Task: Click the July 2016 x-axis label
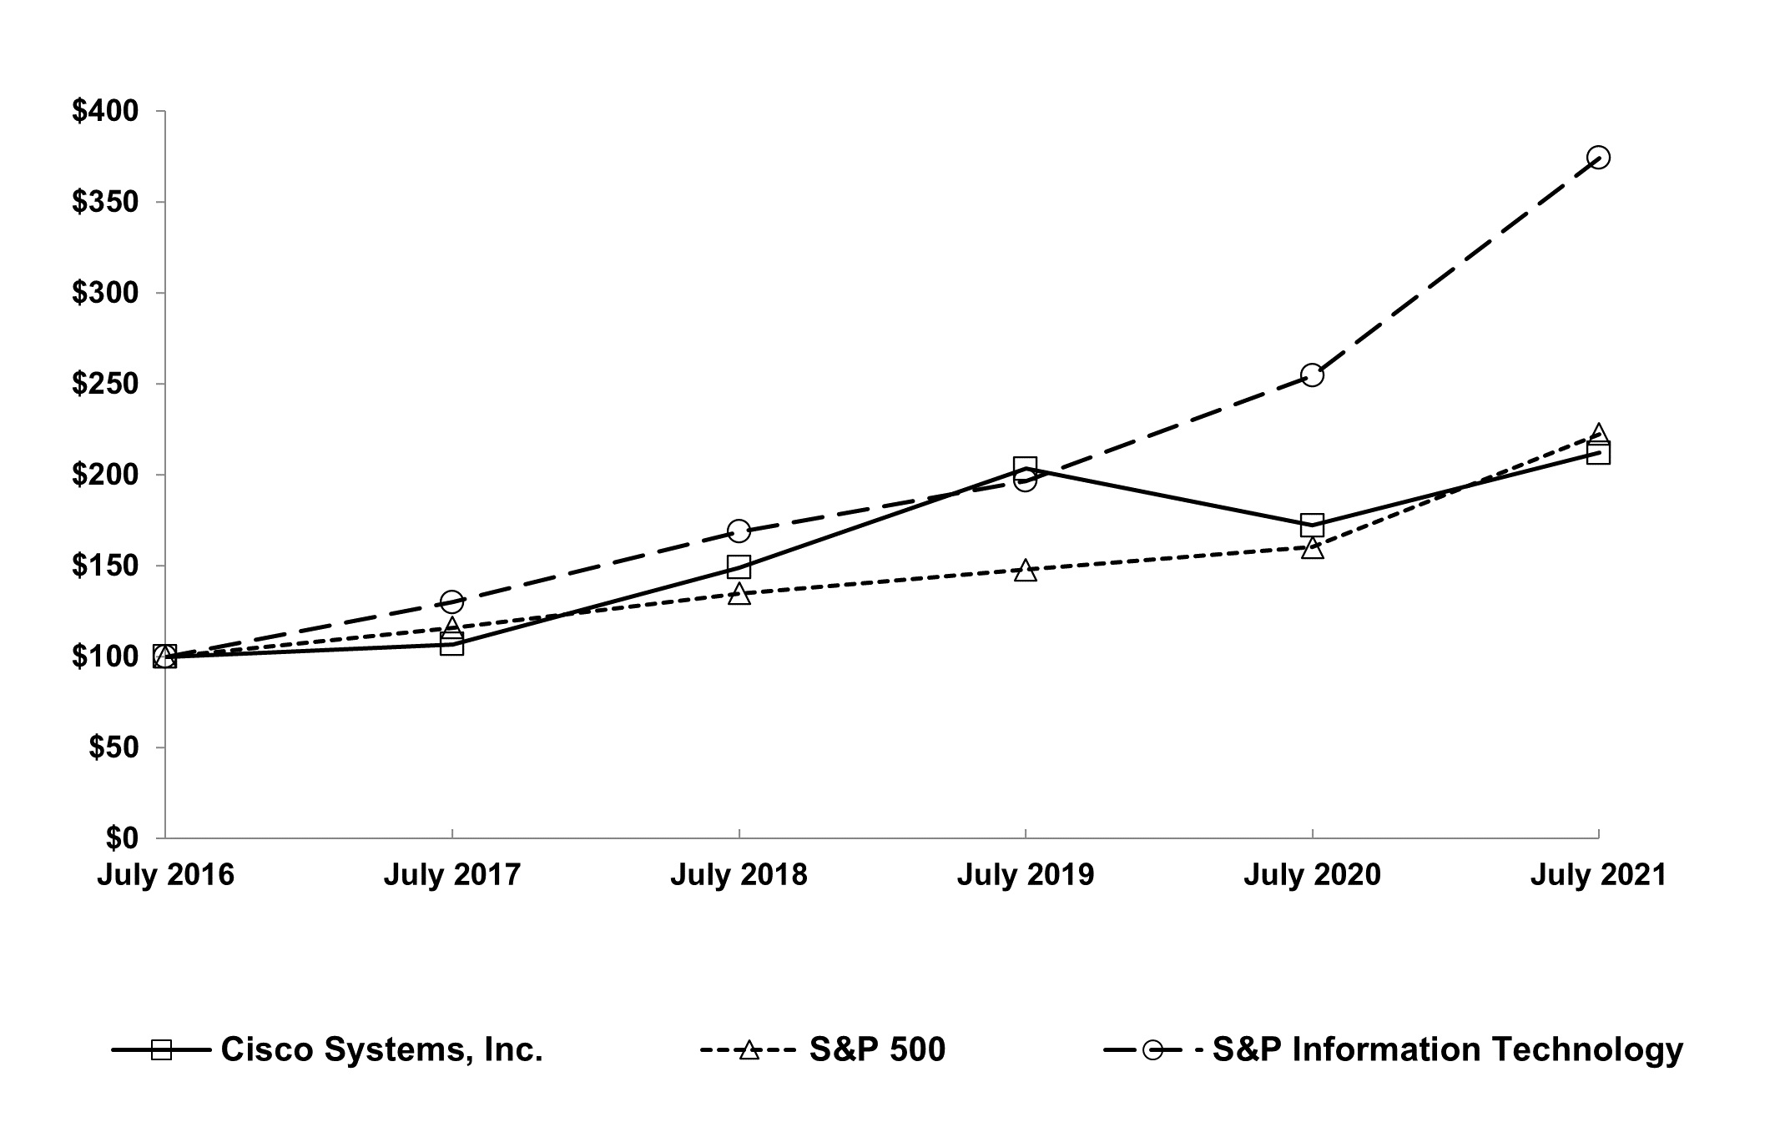[x=165, y=875]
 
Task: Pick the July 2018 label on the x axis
[x=739, y=875]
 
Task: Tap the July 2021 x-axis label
[x=1598, y=875]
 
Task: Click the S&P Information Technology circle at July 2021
[x=1598, y=158]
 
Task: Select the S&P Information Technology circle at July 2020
[x=1312, y=375]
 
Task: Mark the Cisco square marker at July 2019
[x=1026, y=467]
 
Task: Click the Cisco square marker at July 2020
[x=1312, y=526]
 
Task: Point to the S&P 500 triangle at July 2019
[x=1026, y=571]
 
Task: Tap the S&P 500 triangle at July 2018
[x=739, y=594]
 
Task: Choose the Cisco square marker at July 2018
[x=739, y=567]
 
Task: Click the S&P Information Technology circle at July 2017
[x=451, y=601]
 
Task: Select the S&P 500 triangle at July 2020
[x=1312, y=548]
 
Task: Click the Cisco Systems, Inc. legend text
[x=381, y=1049]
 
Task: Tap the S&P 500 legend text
[x=877, y=1049]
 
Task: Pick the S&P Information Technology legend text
[x=1447, y=1049]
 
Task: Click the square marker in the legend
[x=161, y=1049]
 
